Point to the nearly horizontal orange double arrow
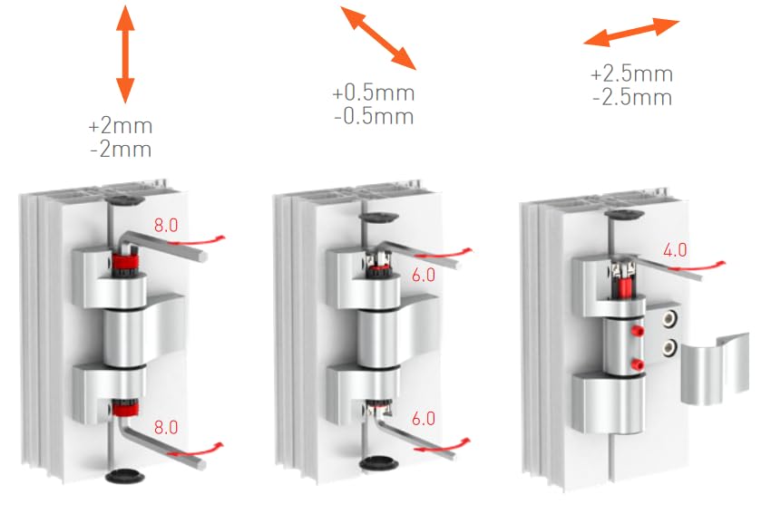click(x=631, y=32)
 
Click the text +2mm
click(x=121, y=125)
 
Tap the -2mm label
click(x=121, y=148)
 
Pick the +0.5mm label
click(x=373, y=93)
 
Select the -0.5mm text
click(x=373, y=116)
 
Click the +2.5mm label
click(x=631, y=74)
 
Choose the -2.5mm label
click(x=631, y=97)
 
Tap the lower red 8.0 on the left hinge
click(x=164, y=425)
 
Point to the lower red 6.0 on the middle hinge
click(x=423, y=419)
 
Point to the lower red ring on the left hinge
click(x=125, y=412)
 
